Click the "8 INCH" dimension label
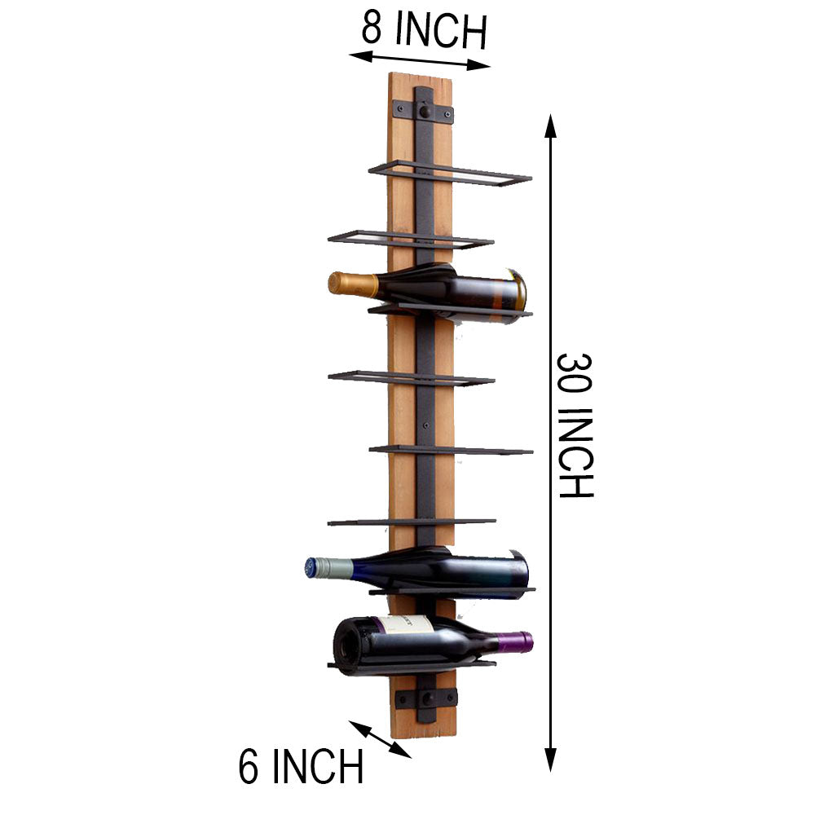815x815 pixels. pyautogui.click(x=424, y=30)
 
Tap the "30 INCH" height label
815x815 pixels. pyautogui.click(x=575, y=425)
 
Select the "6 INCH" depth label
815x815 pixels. pyautogui.click(x=301, y=766)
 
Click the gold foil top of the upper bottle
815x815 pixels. pyautogui.click(x=352, y=284)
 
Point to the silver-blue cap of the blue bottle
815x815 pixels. pyautogui.click(x=328, y=567)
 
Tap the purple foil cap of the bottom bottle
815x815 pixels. pyautogui.click(x=514, y=642)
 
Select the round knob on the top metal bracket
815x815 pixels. pyautogui.click(x=425, y=112)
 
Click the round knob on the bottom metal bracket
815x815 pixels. pyautogui.click(x=428, y=698)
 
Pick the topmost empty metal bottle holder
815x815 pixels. pyautogui.click(x=450, y=173)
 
